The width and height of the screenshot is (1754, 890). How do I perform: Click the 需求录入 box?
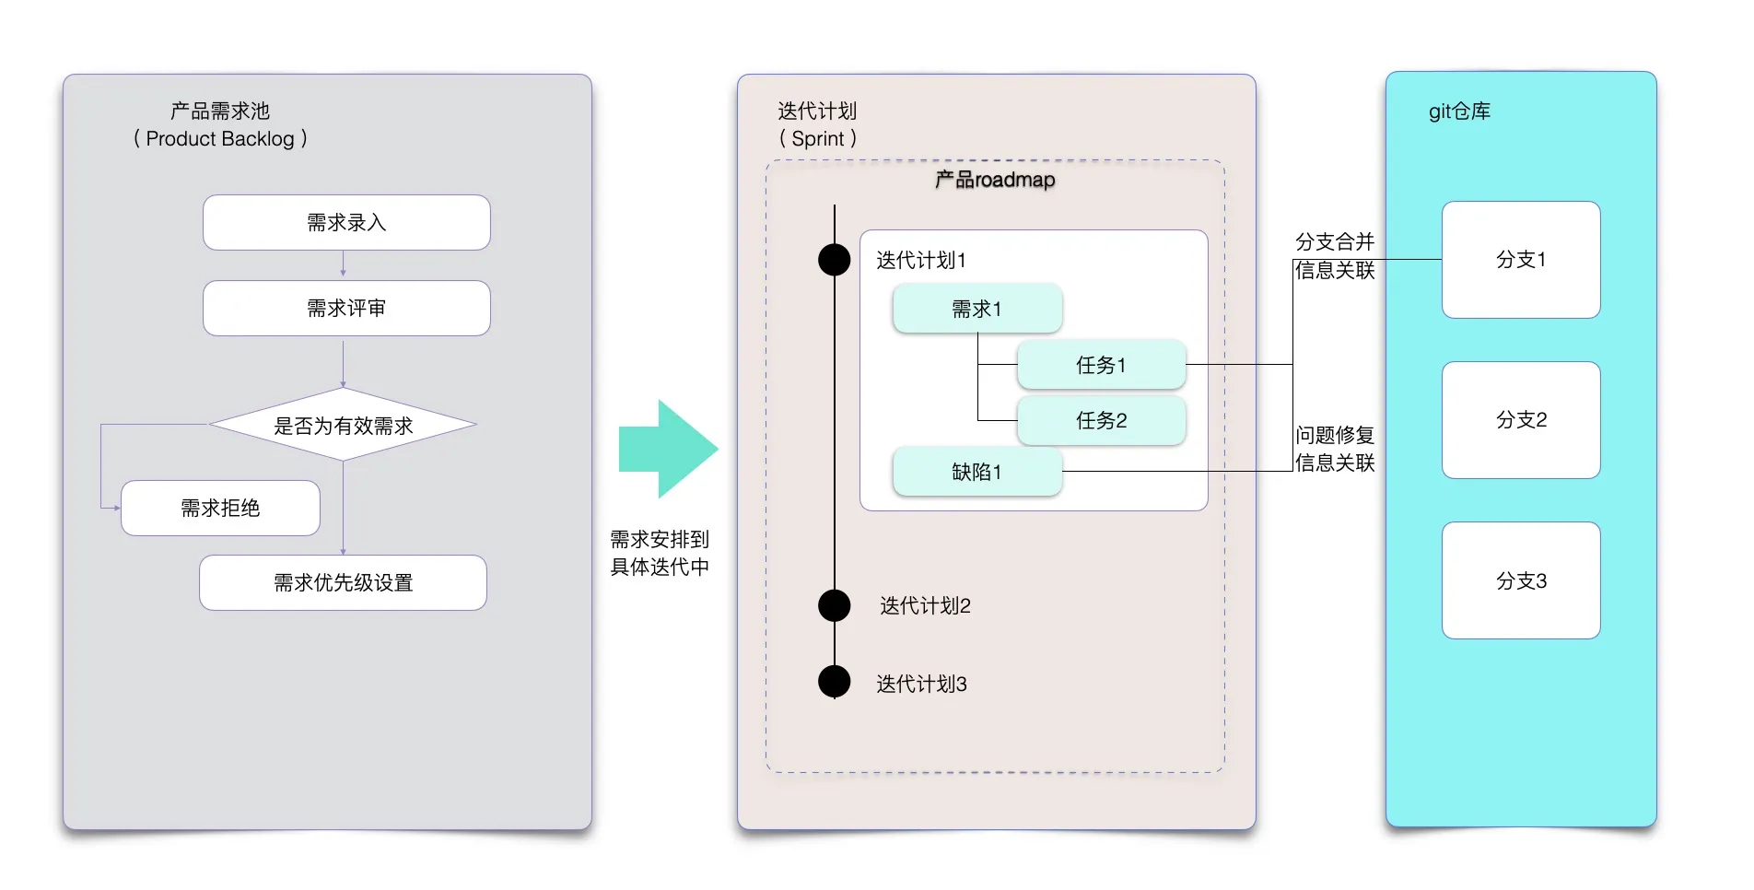tap(346, 222)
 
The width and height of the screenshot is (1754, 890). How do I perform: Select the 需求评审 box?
tap(346, 308)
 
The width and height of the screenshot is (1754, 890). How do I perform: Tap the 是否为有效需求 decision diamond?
tap(343, 425)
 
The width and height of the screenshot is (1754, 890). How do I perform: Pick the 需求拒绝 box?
tap(220, 508)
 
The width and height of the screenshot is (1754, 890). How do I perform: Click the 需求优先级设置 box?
tap(343, 582)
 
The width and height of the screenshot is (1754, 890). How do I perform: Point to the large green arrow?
tap(668, 449)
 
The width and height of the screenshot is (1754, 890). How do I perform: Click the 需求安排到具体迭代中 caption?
tap(660, 553)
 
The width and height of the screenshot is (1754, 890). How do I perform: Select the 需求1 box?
tap(976, 309)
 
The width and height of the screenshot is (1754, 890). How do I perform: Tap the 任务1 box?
tap(1101, 365)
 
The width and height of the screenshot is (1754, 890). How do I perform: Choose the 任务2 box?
tap(1101, 420)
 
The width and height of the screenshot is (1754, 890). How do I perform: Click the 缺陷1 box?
tap(976, 472)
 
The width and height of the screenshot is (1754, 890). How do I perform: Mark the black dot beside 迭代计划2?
tap(835, 605)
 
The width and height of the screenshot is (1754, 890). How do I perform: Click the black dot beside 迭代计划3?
tap(835, 682)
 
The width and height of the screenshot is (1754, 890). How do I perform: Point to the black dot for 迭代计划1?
tap(835, 260)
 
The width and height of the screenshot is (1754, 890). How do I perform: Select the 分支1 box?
tap(1521, 260)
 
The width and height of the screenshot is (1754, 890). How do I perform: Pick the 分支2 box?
tap(1521, 420)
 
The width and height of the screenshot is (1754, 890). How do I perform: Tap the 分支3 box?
tap(1521, 580)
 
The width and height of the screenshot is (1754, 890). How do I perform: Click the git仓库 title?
tap(1459, 111)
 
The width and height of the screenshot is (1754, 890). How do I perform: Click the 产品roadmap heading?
tap(995, 180)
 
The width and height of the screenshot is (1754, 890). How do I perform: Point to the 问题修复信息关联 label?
tap(1335, 449)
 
